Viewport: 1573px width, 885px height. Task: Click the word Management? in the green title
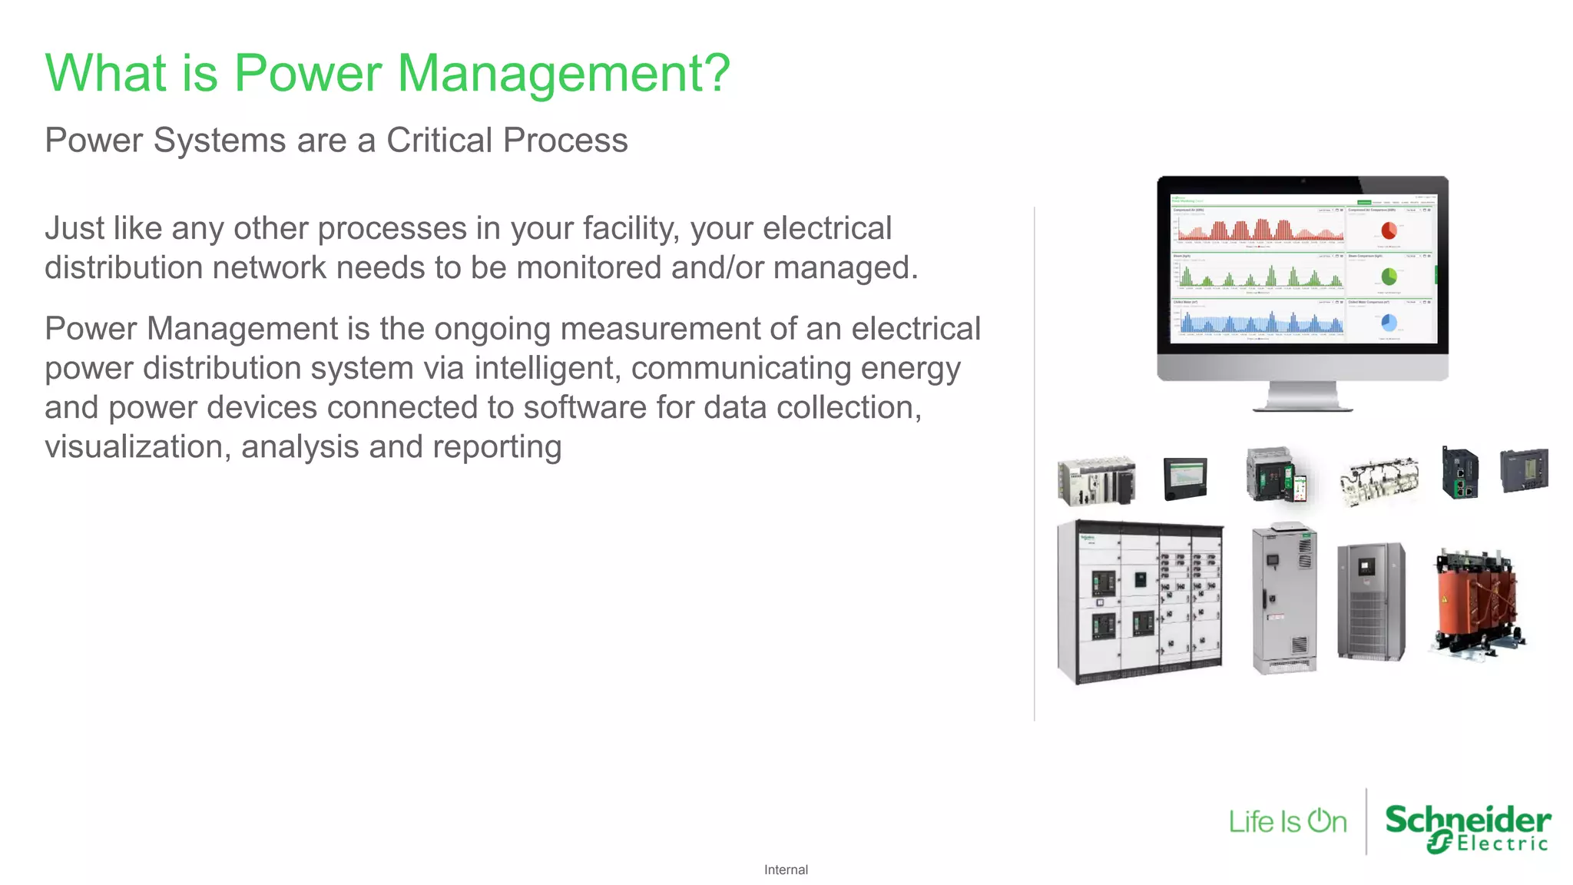point(563,74)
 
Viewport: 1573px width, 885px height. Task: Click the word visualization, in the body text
point(137,446)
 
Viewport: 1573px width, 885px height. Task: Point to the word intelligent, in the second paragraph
point(548,368)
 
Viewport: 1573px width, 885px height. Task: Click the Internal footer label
point(786,870)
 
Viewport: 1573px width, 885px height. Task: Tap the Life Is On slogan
point(1287,821)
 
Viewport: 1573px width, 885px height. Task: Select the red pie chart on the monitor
point(1389,230)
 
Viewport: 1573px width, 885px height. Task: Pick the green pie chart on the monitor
point(1389,277)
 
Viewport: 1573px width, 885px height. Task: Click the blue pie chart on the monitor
point(1389,323)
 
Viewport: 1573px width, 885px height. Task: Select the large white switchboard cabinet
point(1140,602)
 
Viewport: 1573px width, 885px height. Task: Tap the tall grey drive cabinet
point(1284,598)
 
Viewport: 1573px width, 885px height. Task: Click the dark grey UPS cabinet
point(1371,602)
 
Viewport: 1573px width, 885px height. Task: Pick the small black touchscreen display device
point(1185,478)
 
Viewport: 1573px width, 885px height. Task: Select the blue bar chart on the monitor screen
point(1258,322)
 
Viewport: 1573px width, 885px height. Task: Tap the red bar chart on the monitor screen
point(1258,229)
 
